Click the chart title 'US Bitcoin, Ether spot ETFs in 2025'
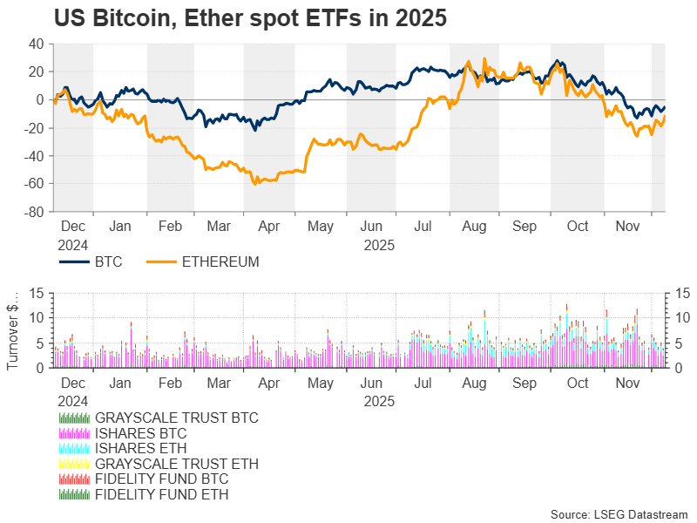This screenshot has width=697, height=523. click(x=250, y=19)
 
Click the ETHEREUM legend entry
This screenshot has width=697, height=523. click(x=220, y=261)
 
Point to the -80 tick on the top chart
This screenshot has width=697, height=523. click(x=35, y=212)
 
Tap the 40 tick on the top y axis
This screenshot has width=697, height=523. click(x=37, y=44)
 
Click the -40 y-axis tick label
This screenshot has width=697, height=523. click(x=35, y=156)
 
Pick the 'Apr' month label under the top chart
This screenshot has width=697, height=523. click(x=270, y=228)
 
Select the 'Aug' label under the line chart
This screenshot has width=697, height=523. click(x=475, y=228)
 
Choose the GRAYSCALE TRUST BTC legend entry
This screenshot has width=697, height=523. click(x=176, y=418)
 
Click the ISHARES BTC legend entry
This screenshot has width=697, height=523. click(x=140, y=433)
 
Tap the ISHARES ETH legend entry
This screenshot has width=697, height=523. click(x=140, y=448)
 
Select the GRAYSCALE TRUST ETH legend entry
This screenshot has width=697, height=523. click(x=176, y=464)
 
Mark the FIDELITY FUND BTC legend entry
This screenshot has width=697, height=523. click(x=162, y=479)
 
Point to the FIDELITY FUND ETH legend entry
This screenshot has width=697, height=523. click(x=161, y=494)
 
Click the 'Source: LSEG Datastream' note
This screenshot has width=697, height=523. click(x=619, y=514)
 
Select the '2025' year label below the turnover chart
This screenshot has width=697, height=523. click(x=380, y=401)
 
